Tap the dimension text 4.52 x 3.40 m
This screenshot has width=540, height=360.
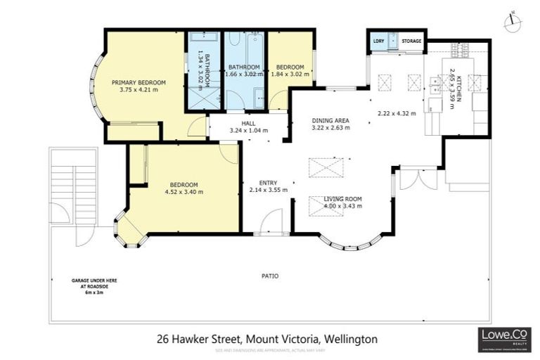tap(184, 192)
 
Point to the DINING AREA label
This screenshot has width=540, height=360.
tap(330, 120)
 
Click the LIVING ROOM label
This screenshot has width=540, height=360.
tap(342, 199)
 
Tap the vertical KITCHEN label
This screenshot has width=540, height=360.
tap(456, 90)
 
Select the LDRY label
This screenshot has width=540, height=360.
tap(378, 41)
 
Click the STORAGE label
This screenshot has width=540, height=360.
tap(411, 41)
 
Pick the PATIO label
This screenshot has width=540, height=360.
tap(269, 276)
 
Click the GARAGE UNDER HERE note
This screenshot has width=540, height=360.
tap(94, 281)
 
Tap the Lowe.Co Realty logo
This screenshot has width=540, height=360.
tap(503, 339)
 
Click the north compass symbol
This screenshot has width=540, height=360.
tap(514, 22)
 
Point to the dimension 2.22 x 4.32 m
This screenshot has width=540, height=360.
tap(397, 113)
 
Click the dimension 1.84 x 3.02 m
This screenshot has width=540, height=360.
tap(287, 74)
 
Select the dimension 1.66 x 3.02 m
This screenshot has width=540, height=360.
tap(243, 74)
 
